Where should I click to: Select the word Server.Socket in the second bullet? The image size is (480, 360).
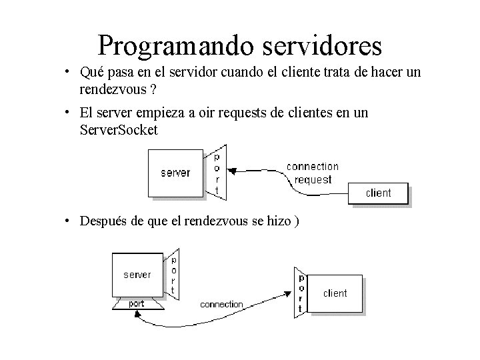click(x=118, y=130)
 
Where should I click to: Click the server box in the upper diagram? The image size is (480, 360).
click(x=175, y=173)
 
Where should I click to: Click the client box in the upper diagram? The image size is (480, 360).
click(x=378, y=193)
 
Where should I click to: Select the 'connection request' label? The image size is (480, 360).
click(x=312, y=173)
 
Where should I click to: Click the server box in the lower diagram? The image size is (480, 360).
click(x=137, y=275)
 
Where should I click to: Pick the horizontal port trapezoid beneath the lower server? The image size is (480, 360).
click(x=136, y=304)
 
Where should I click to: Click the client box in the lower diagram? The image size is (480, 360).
click(x=335, y=293)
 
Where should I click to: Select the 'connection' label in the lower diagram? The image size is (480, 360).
click(x=222, y=305)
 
